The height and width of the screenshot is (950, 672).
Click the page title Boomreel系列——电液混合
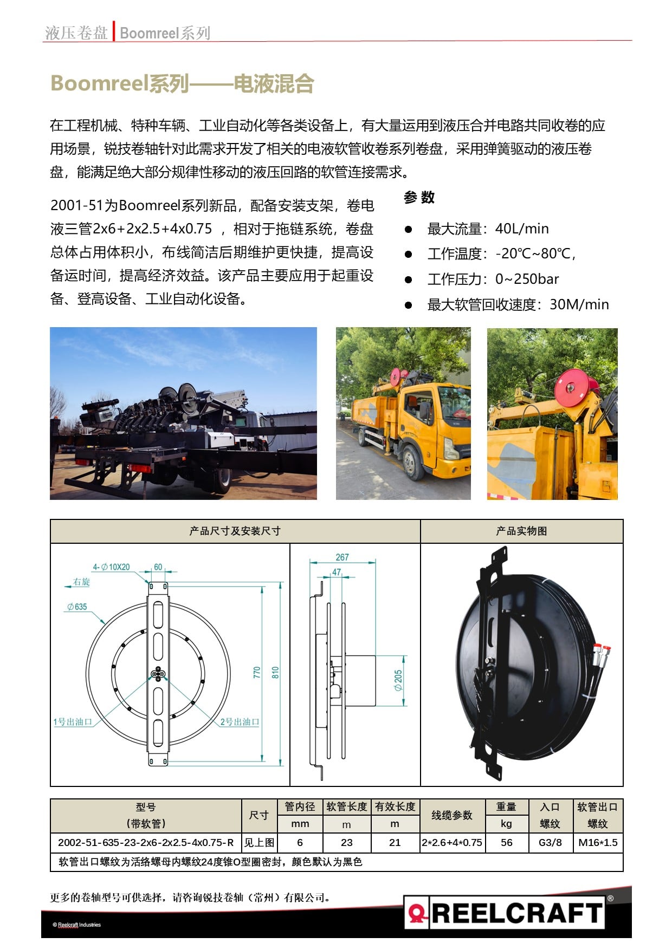(x=182, y=84)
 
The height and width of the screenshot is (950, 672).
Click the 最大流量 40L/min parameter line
(x=488, y=229)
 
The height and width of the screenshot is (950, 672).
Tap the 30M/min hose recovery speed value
(x=579, y=305)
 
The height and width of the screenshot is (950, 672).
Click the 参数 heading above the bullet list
(x=419, y=198)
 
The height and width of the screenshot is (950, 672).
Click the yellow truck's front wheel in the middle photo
(x=413, y=464)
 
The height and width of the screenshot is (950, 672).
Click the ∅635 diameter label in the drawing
(x=77, y=607)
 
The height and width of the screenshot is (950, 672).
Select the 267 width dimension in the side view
(x=342, y=557)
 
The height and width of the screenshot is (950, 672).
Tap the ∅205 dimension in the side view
(x=398, y=680)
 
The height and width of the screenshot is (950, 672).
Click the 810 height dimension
(x=275, y=673)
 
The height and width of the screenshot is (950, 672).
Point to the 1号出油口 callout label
(x=73, y=722)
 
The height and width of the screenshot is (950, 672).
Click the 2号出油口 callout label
(x=240, y=722)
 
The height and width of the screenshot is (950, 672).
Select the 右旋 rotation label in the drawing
(x=81, y=582)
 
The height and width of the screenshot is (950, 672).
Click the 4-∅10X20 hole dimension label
(x=111, y=567)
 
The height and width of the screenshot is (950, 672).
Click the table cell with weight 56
(x=506, y=843)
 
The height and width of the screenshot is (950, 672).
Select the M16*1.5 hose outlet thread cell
(x=598, y=843)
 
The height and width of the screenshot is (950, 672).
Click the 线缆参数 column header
(x=452, y=816)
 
